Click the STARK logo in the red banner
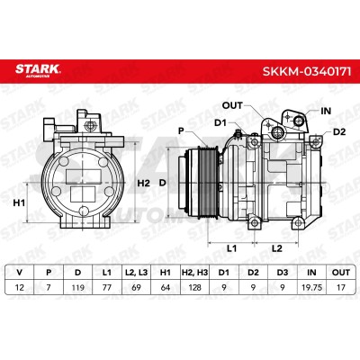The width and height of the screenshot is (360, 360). (38, 70)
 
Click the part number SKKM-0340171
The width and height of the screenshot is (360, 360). (307, 72)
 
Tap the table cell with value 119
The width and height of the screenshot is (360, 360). (77, 287)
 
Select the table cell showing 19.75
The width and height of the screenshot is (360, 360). (311, 287)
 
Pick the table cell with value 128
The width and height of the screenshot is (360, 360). (194, 287)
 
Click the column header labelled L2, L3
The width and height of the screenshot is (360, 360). (136, 273)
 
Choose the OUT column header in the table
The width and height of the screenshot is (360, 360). (341, 273)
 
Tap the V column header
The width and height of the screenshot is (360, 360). (20, 273)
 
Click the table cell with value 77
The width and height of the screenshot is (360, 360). (107, 287)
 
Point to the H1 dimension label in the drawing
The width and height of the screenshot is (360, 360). (19, 203)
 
